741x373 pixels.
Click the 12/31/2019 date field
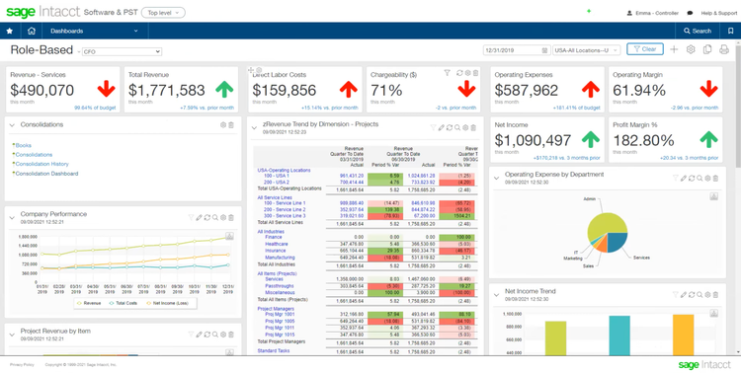point(514,49)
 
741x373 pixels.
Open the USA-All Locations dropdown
point(587,49)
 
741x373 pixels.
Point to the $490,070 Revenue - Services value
point(41,90)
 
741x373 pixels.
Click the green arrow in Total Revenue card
point(223,90)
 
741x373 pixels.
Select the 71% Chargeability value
point(386,91)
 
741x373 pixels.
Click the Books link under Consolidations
point(24,145)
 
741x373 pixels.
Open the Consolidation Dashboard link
point(46,173)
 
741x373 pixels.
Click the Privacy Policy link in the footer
point(22,364)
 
